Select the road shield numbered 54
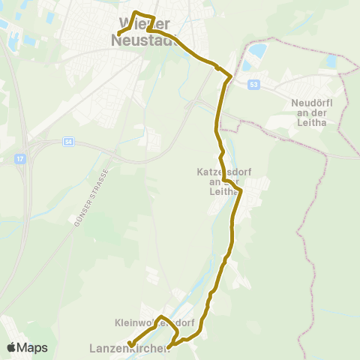tap(69, 142)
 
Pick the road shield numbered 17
tap(19, 159)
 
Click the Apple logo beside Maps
tap(12, 347)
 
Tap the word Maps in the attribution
tap(33, 347)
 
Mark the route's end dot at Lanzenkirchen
tap(131, 344)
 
